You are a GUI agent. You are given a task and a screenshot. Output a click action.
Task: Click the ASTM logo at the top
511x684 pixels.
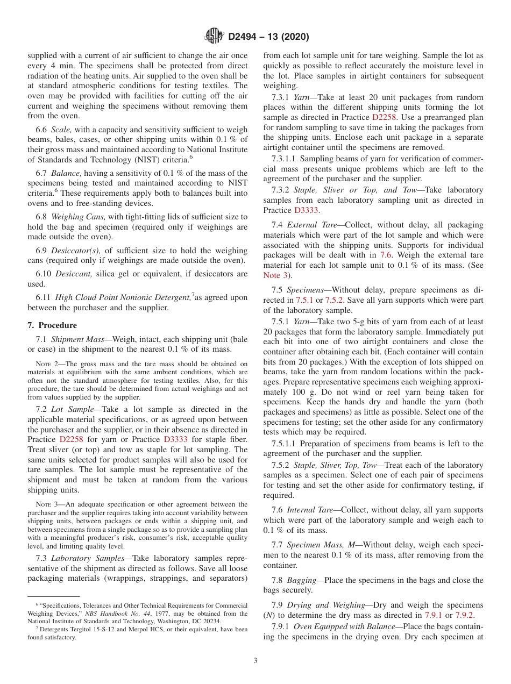214,37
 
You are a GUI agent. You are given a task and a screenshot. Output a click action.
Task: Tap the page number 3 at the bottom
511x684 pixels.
256,660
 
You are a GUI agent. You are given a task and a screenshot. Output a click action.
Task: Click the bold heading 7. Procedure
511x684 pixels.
52,325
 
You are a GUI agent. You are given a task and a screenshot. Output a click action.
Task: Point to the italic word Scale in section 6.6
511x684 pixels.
60,130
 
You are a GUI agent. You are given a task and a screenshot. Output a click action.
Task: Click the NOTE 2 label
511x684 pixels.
46,364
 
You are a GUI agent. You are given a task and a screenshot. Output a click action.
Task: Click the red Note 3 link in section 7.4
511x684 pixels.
276,275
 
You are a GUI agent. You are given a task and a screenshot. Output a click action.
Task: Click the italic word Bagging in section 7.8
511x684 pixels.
301,580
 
